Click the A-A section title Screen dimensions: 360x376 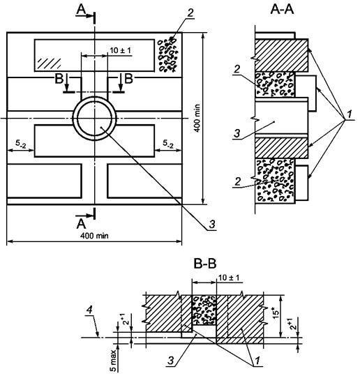282,10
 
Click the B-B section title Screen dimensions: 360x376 205,264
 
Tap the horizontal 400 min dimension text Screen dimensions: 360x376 94,236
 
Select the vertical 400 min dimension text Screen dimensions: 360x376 197,118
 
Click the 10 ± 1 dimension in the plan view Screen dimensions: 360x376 121,51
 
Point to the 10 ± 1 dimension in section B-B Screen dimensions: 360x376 229,278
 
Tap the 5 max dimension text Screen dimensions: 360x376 113,361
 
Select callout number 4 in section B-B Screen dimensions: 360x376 89,310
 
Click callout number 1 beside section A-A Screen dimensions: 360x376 350,114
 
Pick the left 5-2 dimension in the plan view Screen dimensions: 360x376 21,144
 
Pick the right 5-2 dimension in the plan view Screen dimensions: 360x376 168,144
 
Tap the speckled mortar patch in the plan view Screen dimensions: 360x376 168,54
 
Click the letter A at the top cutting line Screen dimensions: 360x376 81,9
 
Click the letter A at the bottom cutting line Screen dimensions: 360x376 82,224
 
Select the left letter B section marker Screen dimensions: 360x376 59,78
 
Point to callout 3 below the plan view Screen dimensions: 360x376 212,224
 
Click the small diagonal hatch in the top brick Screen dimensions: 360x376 49,63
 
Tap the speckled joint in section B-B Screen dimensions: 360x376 204,310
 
